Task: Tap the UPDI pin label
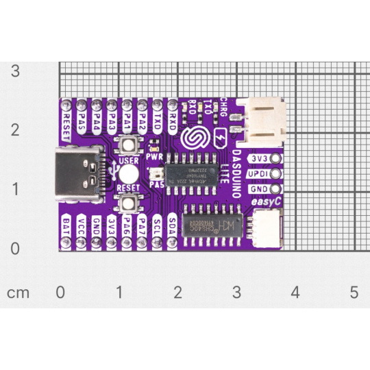pos(259,174)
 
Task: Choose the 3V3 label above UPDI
pos(259,159)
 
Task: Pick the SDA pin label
pos(172,225)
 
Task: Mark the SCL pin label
pos(157,225)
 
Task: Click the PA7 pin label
pos(142,225)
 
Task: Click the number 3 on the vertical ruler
pos(14,71)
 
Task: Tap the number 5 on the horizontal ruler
pos(354,293)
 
